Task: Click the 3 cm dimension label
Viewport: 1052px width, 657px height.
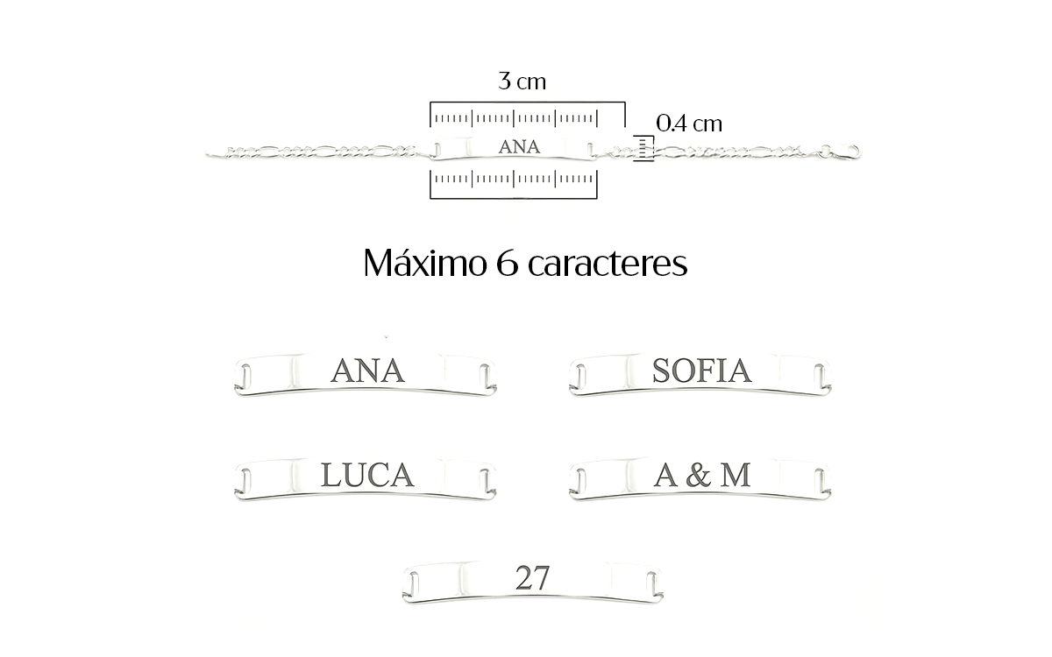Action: click(x=522, y=81)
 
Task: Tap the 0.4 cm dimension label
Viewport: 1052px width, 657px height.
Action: click(x=689, y=124)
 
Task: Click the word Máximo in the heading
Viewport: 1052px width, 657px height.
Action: click(x=425, y=262)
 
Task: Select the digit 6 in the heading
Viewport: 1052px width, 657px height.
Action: click(x=508, y=264)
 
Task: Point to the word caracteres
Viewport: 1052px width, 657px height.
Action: click(x=608, y=264)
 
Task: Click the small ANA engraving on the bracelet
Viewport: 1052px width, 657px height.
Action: click(x=519, y=147)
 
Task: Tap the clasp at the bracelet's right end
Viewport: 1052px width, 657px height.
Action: click(x=842, y=151)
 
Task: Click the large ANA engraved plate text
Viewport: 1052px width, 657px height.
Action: click(x=367, y=371)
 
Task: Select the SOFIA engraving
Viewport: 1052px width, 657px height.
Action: click(x=701, y=371)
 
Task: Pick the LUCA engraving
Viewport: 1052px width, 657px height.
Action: click(x=367, y=475)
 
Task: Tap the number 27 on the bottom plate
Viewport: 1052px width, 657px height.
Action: click(x=532, y=578)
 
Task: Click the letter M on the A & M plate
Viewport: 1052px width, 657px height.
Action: click(x=736, y=475)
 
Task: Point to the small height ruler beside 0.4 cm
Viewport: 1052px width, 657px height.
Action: click(x=643, y=148)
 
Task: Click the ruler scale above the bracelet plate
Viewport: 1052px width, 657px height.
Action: click(x=528, y=115)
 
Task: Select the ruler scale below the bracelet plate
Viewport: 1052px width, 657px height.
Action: click(x=514, y=184)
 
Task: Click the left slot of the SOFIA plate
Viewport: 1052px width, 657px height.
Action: click(x=581, y=377)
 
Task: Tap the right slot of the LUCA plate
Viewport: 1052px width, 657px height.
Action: click(x=485, y=481)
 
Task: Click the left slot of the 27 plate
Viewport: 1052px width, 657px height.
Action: click(x=414, y=584)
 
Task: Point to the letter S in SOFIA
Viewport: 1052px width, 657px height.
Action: click(x=661, y=371)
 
